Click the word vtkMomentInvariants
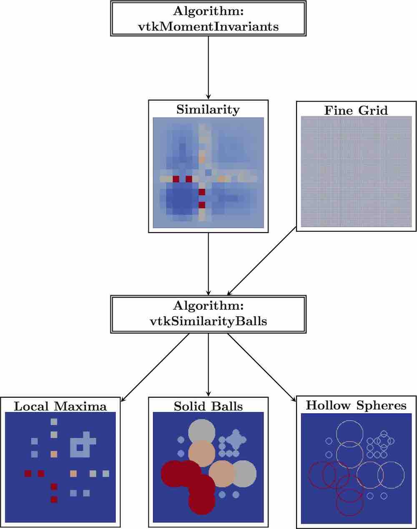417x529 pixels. pyautogui.click(x=208, y=26)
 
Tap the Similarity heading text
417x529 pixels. pyautogui.click(x=208, y=110)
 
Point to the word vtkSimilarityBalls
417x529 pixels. pyautogui.click(x=208, y=321)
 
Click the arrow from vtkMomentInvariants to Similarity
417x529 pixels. pyautogui.click(x=208, y=67)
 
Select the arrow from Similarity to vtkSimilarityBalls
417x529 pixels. pyautogui.click(x=208, y=263)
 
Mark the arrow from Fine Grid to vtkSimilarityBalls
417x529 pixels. pyautogui.click(x=261, y=261)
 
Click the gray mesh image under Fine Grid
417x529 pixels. pyautogui.click(x=356, y=172)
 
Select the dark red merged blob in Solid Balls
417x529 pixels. pyautogui.click(x=188, y=484)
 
